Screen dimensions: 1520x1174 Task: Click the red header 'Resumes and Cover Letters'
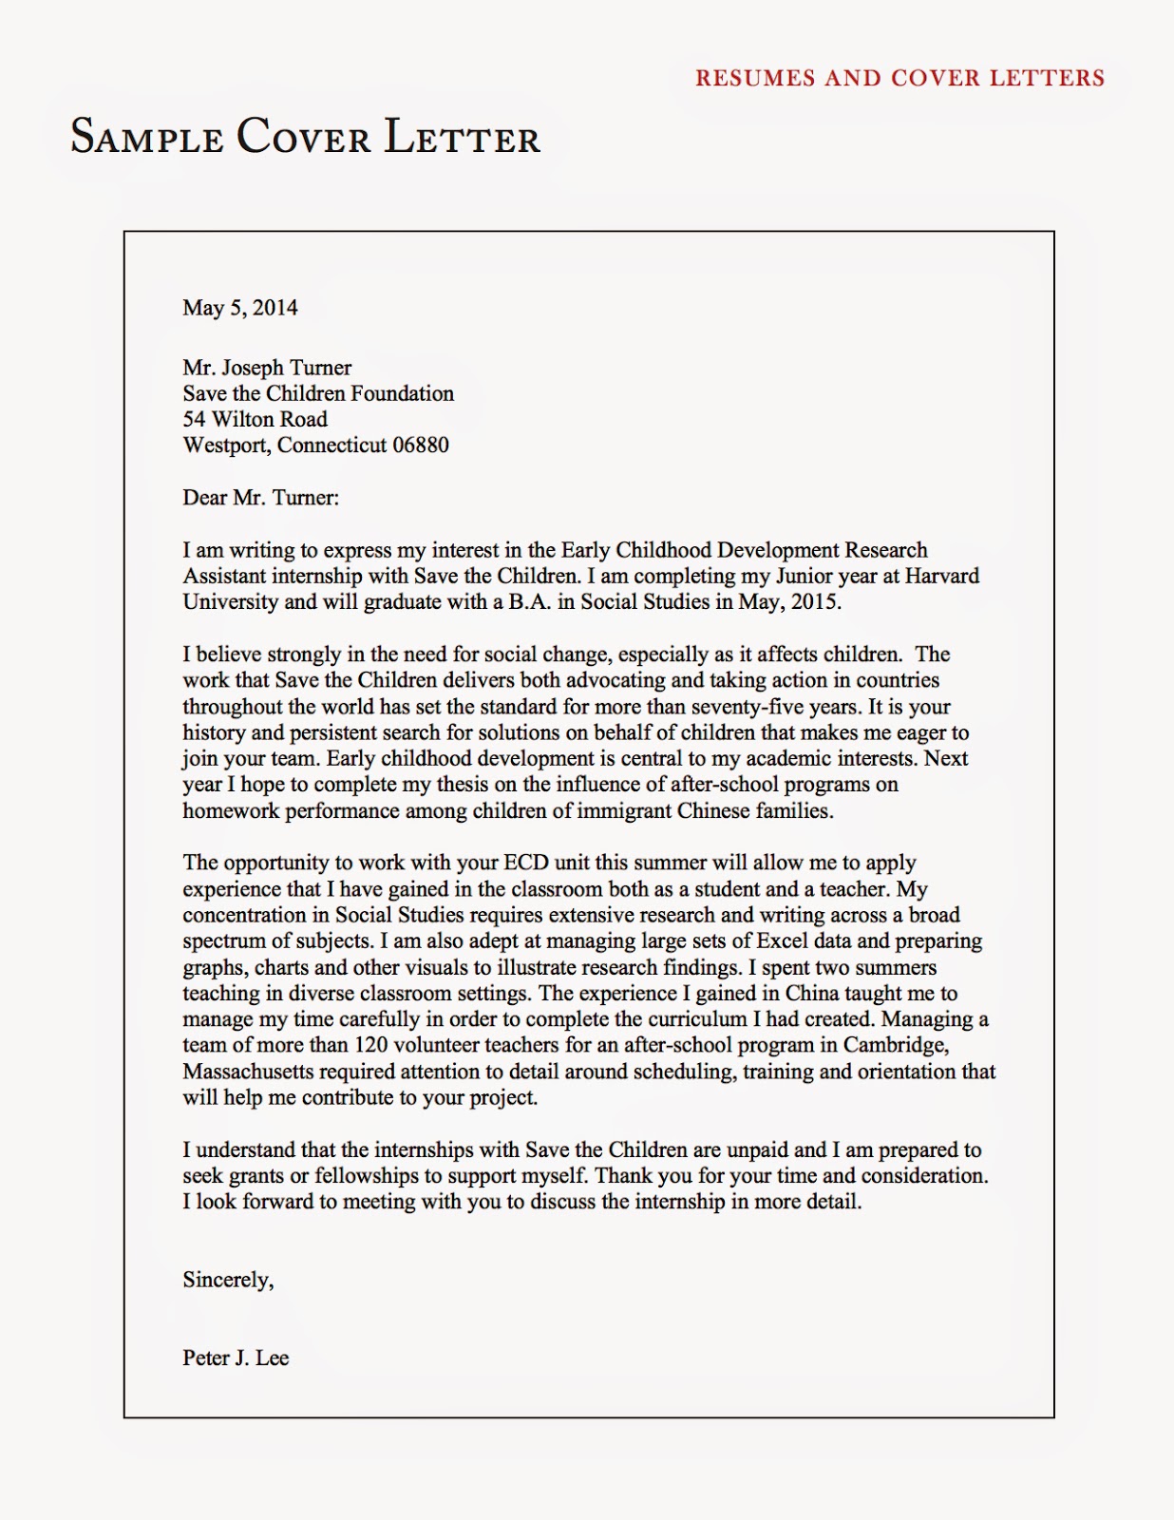coord(899,78)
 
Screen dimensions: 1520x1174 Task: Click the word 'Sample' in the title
coord(147,137)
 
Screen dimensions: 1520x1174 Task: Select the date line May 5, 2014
coord(240,308)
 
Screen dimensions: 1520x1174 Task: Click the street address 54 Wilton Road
coord(255,419)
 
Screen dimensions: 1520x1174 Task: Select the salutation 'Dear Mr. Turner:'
coord(260,498)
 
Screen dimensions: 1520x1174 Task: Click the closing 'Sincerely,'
coord(228,1281)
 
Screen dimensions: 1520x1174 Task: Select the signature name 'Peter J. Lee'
coord(236,1358)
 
